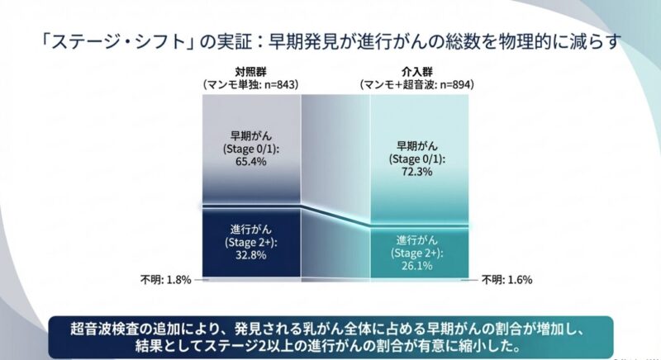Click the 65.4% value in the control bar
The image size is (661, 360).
tap(251, 162)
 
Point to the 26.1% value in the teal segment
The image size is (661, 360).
tap(419, 265)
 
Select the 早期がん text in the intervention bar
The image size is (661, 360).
tap(419, 146)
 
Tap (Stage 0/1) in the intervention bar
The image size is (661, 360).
tap(419, 159)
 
